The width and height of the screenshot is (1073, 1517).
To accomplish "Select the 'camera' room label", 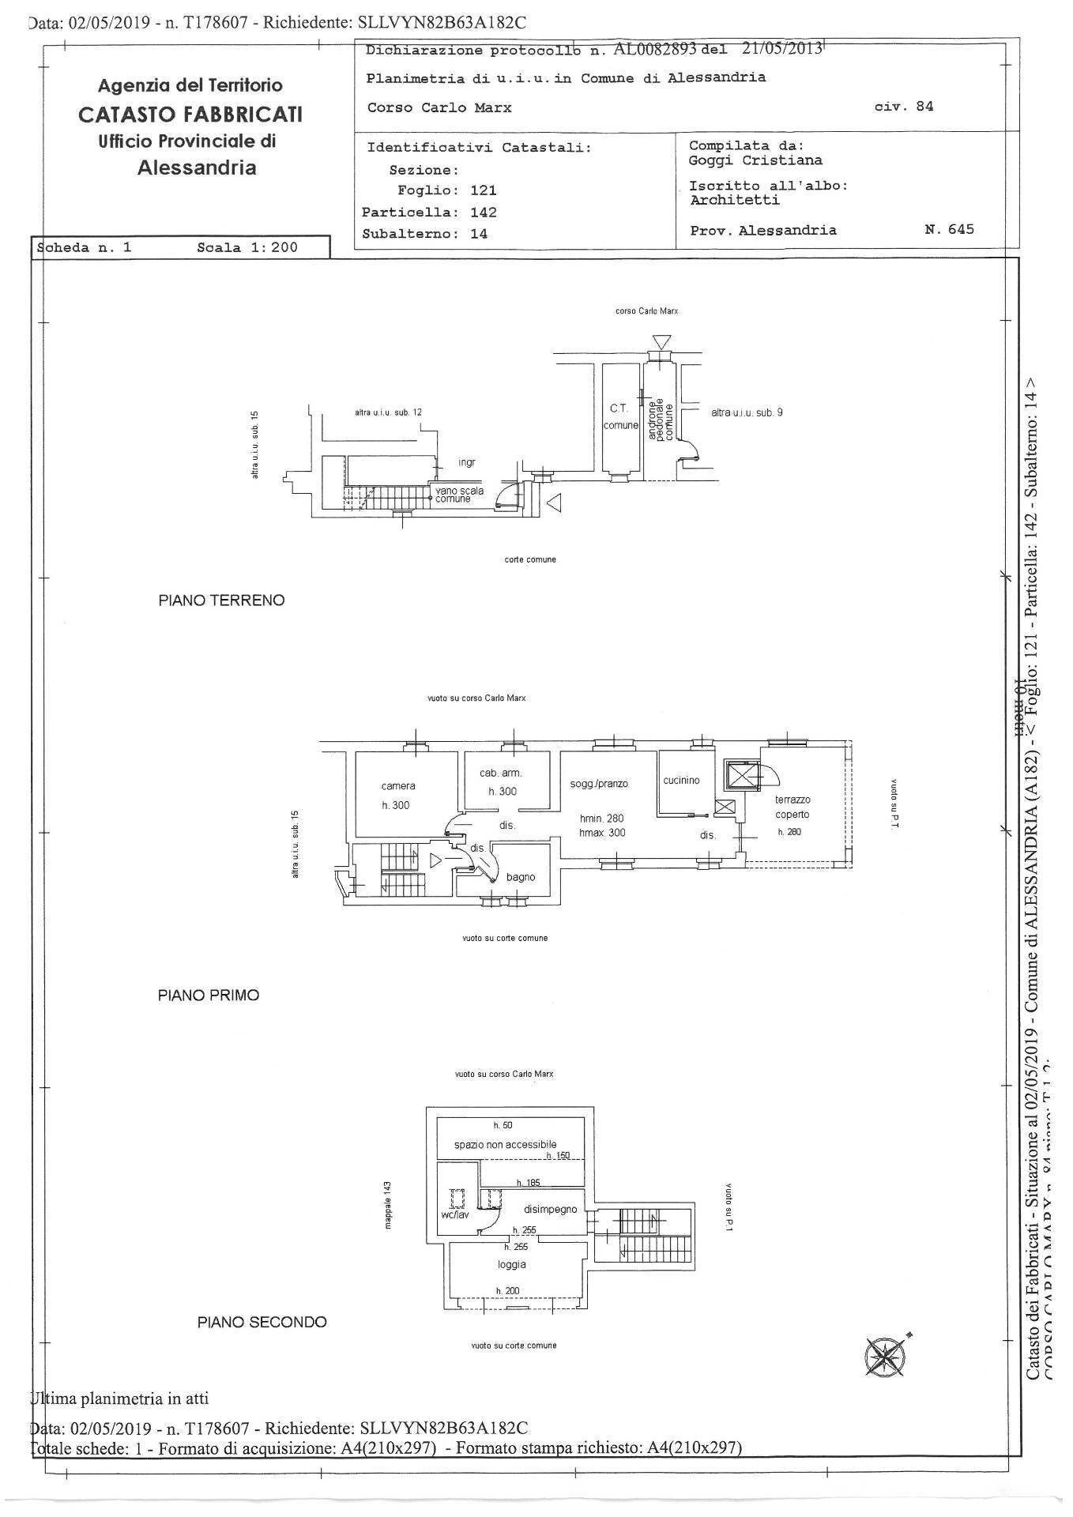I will point(398,786).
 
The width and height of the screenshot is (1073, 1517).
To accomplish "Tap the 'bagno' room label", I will point(521,877).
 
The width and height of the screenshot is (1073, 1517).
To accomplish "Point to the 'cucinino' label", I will point(681,781).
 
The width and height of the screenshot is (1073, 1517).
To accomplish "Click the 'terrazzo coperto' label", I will point(792,807).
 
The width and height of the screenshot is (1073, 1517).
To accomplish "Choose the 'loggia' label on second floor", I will point(512,1264).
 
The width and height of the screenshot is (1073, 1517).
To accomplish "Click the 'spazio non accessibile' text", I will point(505,1144).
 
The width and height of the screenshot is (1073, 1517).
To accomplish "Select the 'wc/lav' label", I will point(455,1214).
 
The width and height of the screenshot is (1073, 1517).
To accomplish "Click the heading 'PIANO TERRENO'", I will point(221,600).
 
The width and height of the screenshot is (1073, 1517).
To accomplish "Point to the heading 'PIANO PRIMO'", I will point(209,996).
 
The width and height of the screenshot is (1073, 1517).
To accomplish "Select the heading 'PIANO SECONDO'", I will point(262,1322).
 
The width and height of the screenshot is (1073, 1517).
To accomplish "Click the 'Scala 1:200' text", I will point(247,247).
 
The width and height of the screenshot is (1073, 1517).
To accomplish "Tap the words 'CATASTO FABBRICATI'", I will point(190,115).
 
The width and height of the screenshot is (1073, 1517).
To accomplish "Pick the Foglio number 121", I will point(483,190).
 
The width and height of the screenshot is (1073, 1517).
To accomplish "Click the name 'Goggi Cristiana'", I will point(755,160).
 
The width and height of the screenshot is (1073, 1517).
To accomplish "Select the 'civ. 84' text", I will point(904,106).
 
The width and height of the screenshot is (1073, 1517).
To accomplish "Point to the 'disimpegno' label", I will point(551,1210).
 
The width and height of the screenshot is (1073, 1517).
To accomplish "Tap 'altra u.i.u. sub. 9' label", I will point(747,412).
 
